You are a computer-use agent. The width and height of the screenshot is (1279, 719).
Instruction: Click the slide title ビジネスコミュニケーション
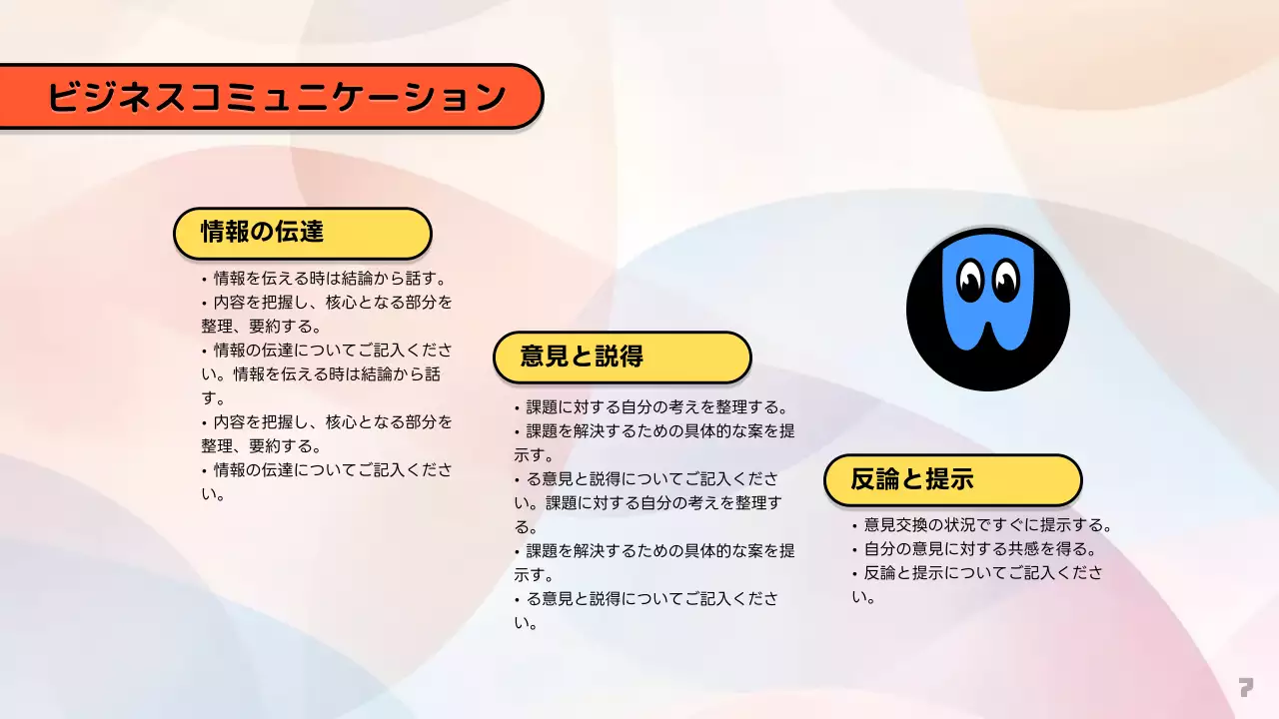(x=276, y=97)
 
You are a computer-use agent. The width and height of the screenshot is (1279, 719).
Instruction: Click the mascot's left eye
(x=970, y=280)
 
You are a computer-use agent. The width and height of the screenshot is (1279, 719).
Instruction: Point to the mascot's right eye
(x=1005, y=280)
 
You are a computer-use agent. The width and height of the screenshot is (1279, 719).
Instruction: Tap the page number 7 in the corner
(x=1245, y=687)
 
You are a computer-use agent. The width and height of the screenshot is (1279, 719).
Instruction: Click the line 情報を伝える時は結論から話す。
(x=330, y=278)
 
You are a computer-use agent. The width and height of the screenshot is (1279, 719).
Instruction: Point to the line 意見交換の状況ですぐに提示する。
(x=987, y=525)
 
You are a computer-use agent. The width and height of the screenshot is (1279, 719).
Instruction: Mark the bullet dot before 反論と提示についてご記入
(x=854, y=574)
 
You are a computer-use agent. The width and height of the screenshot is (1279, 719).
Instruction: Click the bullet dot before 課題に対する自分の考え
(x=517, y=408)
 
